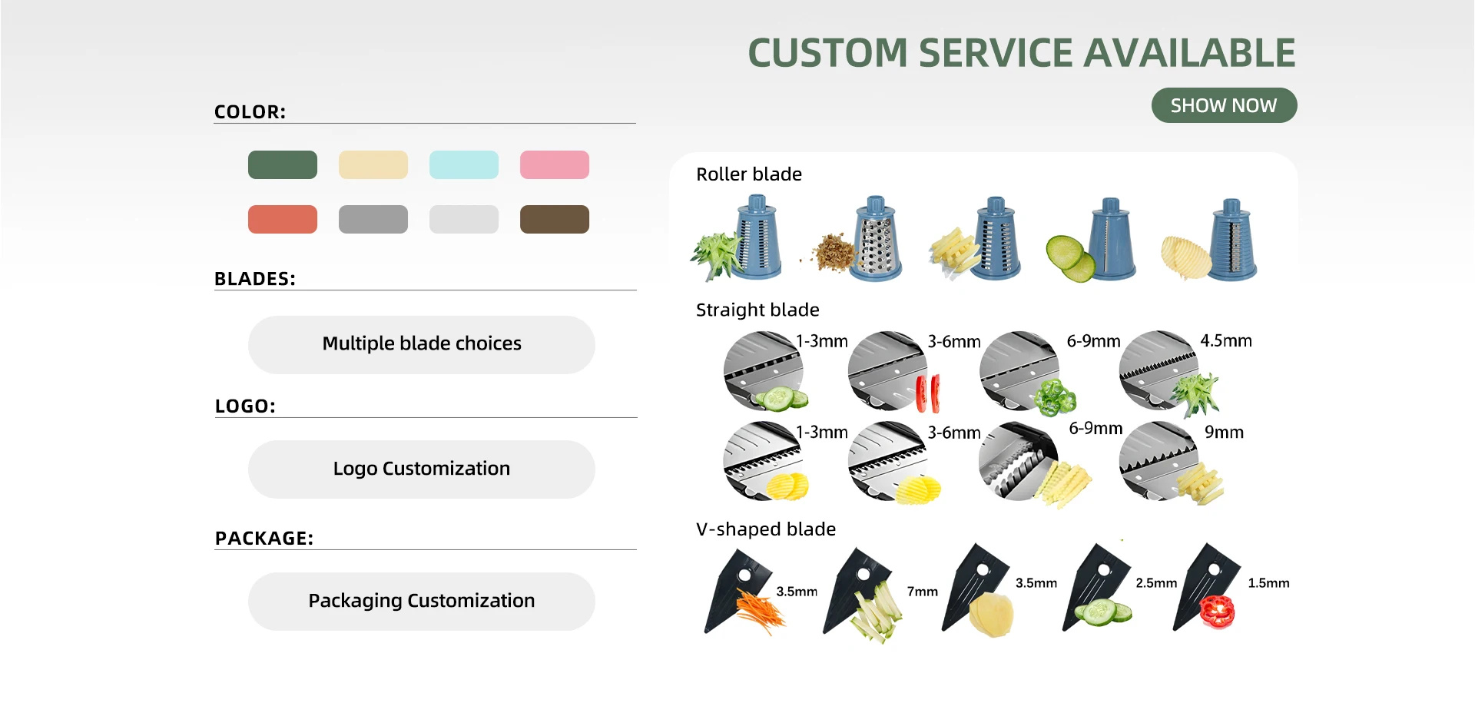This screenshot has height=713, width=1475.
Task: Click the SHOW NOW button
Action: [x=1224, y=105]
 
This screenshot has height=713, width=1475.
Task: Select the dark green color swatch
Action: [x=283, y=165]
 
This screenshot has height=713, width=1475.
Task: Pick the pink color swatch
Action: [x=555, y=165]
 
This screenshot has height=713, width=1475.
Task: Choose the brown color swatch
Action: [x=555, y=219]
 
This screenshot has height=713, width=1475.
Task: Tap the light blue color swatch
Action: [x=464, y=165]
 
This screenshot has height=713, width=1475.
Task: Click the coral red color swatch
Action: [x=283, y=219]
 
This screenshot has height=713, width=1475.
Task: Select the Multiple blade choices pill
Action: [x=422, y=344]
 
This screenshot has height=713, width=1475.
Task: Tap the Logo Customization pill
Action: [x=422, y=469]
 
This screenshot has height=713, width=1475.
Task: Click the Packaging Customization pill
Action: [x=422, y=602]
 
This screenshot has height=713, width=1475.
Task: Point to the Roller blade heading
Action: [x=749, y=174]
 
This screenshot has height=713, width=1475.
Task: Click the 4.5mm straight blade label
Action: [x=1226, y=341]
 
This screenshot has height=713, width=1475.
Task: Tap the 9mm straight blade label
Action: [x=1224, y=433]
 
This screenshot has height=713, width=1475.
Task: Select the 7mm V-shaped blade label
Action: [x=923, y=592]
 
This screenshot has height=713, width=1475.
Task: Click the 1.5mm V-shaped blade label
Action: [x=1268, y=583]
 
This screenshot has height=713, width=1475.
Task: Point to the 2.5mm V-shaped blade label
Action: [x=1156, y=583]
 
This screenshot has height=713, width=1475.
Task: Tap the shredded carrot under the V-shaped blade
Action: [x=761, y=612]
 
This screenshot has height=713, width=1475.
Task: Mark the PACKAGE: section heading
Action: [x=264, y=539]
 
